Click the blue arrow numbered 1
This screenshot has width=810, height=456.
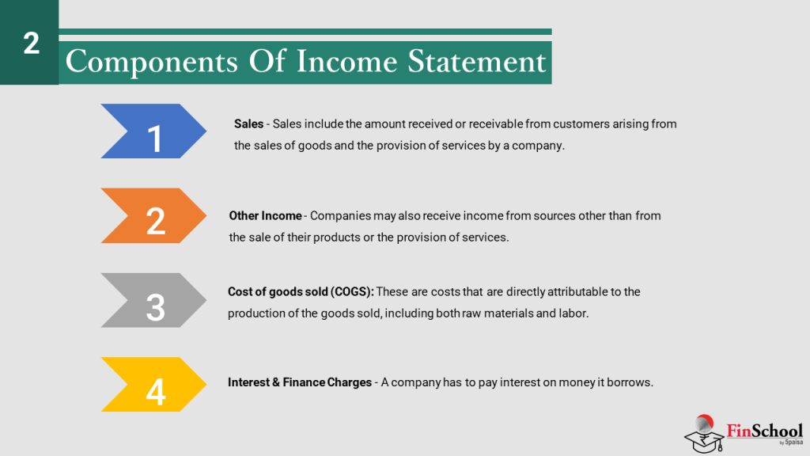tap(154, 131)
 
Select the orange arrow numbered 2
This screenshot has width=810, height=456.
tap(154, 215)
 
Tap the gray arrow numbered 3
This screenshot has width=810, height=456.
tap(154, 300)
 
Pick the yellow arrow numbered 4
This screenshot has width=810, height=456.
tap(154, 385)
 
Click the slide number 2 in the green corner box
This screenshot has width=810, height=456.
tap(31, 44)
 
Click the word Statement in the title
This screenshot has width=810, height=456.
tap(476, 61)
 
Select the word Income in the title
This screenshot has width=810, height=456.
tap(346, 61)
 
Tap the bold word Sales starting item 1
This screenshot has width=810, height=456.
tap(248, 124)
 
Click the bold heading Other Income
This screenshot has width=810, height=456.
tap(265, 215)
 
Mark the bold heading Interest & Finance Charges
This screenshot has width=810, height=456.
tap(299, 382)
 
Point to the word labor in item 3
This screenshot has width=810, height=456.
tap(572, 313)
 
